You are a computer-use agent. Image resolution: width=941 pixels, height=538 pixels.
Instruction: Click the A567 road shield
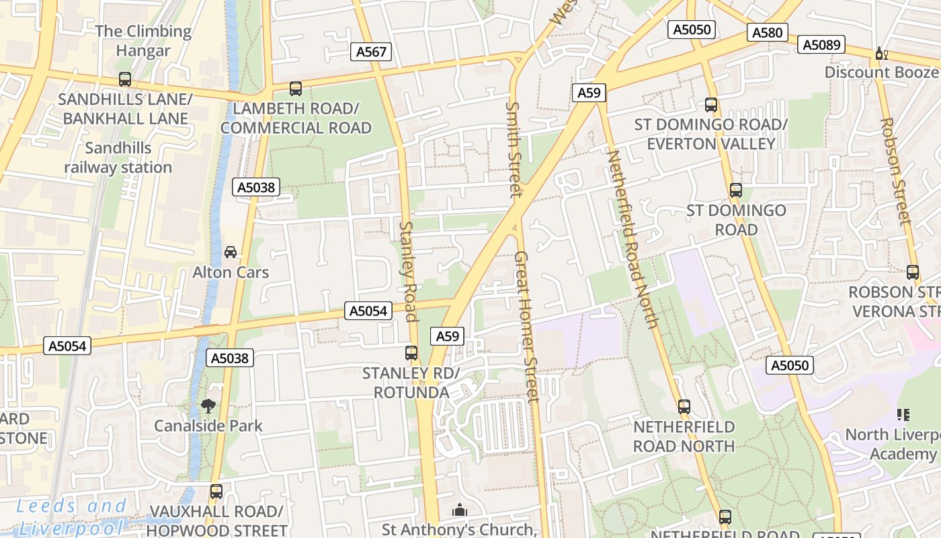(371, 52)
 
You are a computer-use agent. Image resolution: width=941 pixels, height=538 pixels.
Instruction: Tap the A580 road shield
(768, 32)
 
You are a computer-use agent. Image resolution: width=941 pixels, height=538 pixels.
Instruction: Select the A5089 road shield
(821, 44)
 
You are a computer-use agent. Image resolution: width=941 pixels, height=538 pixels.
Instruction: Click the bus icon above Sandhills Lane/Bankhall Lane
(124, 79)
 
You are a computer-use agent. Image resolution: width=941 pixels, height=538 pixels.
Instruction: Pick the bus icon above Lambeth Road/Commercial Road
(296, 88)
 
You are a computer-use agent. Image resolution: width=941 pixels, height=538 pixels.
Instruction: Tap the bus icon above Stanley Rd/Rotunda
(411, 352)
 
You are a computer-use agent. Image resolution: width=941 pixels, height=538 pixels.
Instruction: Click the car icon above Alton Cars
(231, 252)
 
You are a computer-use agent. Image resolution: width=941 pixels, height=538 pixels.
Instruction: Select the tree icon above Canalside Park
(208, 406)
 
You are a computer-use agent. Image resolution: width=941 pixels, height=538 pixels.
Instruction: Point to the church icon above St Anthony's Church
(460, 510)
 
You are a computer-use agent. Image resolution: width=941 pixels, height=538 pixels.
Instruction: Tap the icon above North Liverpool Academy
(903, 415)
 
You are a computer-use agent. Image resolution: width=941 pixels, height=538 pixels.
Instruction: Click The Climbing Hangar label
(144, 40)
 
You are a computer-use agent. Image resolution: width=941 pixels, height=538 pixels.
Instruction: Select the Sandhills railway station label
(118, 157)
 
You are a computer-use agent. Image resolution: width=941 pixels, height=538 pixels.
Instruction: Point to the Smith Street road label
(514, 149)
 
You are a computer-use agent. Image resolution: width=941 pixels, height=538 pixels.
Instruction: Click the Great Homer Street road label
(527, 326)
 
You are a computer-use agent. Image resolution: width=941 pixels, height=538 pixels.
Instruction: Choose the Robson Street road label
(895, 171)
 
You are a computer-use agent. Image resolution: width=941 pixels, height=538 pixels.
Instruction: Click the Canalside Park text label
(208, 426)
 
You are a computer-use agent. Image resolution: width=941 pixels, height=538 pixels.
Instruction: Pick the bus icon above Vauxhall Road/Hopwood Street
(216, 492)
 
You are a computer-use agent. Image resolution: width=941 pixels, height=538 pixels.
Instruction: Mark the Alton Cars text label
(231, 272)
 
